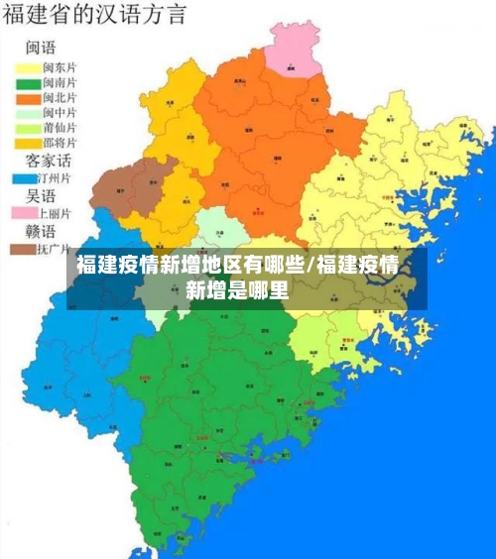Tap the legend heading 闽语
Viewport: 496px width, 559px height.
[42, 48]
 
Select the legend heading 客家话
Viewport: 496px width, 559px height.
[48, 160]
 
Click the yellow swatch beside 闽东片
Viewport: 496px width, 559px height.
[25, 67]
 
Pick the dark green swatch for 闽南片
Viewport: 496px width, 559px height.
[25, 82]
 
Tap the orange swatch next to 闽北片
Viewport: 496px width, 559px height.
[25, 97]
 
